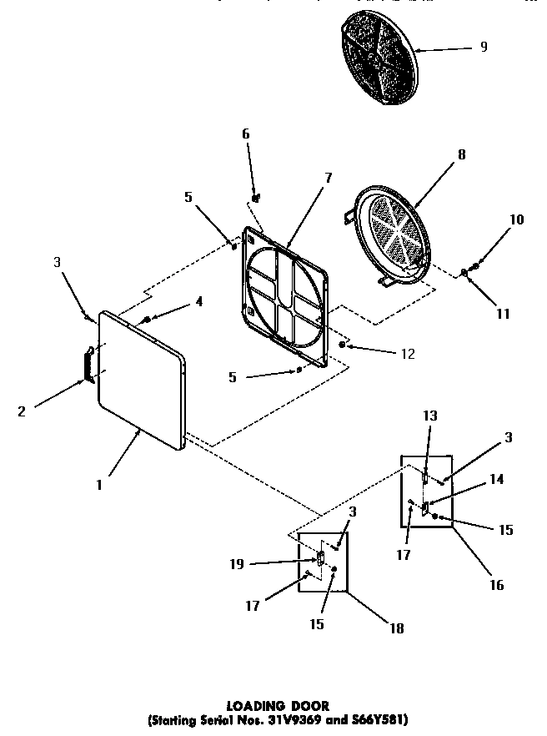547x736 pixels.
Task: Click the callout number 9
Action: [x=484, y=47]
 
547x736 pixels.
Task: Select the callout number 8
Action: [x=461, y=154]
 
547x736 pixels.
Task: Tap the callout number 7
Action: [x=328, y=178]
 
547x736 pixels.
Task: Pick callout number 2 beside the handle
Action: [x=23, y=410]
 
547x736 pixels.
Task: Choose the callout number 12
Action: [x=407, y=354]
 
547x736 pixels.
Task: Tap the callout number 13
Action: [x=429, y=416]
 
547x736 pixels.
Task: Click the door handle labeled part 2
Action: [x=87, y=366]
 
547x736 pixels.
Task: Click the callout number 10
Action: [x=517, y=219]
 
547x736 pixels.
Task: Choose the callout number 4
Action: [x=198, y=301]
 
